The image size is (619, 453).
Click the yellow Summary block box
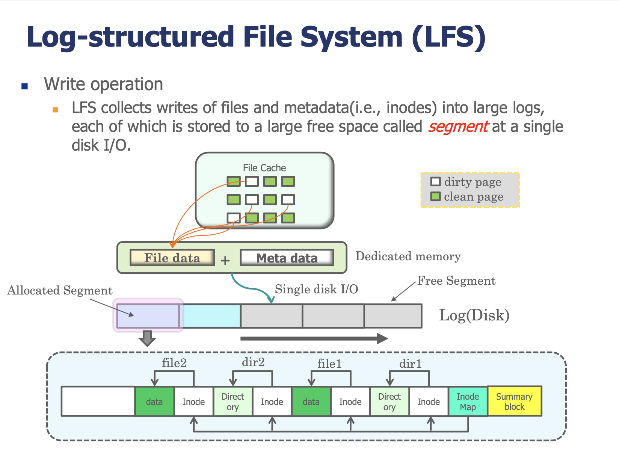515,401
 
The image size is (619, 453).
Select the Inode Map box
468,401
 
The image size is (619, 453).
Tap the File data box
172,258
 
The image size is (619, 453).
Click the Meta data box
287,258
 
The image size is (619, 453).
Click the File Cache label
264,168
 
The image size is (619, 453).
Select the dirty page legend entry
466,182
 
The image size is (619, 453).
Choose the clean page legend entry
467,196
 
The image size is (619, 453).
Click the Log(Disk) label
474,316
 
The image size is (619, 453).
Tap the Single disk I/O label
316,289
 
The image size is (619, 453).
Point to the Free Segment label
456,281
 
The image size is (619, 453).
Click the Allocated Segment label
60,290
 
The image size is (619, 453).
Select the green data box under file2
154,401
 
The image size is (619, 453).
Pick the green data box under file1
311,401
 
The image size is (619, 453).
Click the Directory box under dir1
390,401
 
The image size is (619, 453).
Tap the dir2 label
253,362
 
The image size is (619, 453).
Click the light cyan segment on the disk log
211,316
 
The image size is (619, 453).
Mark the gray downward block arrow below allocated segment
147,338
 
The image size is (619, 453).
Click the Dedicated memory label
408,257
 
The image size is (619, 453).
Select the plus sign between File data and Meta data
225,260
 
